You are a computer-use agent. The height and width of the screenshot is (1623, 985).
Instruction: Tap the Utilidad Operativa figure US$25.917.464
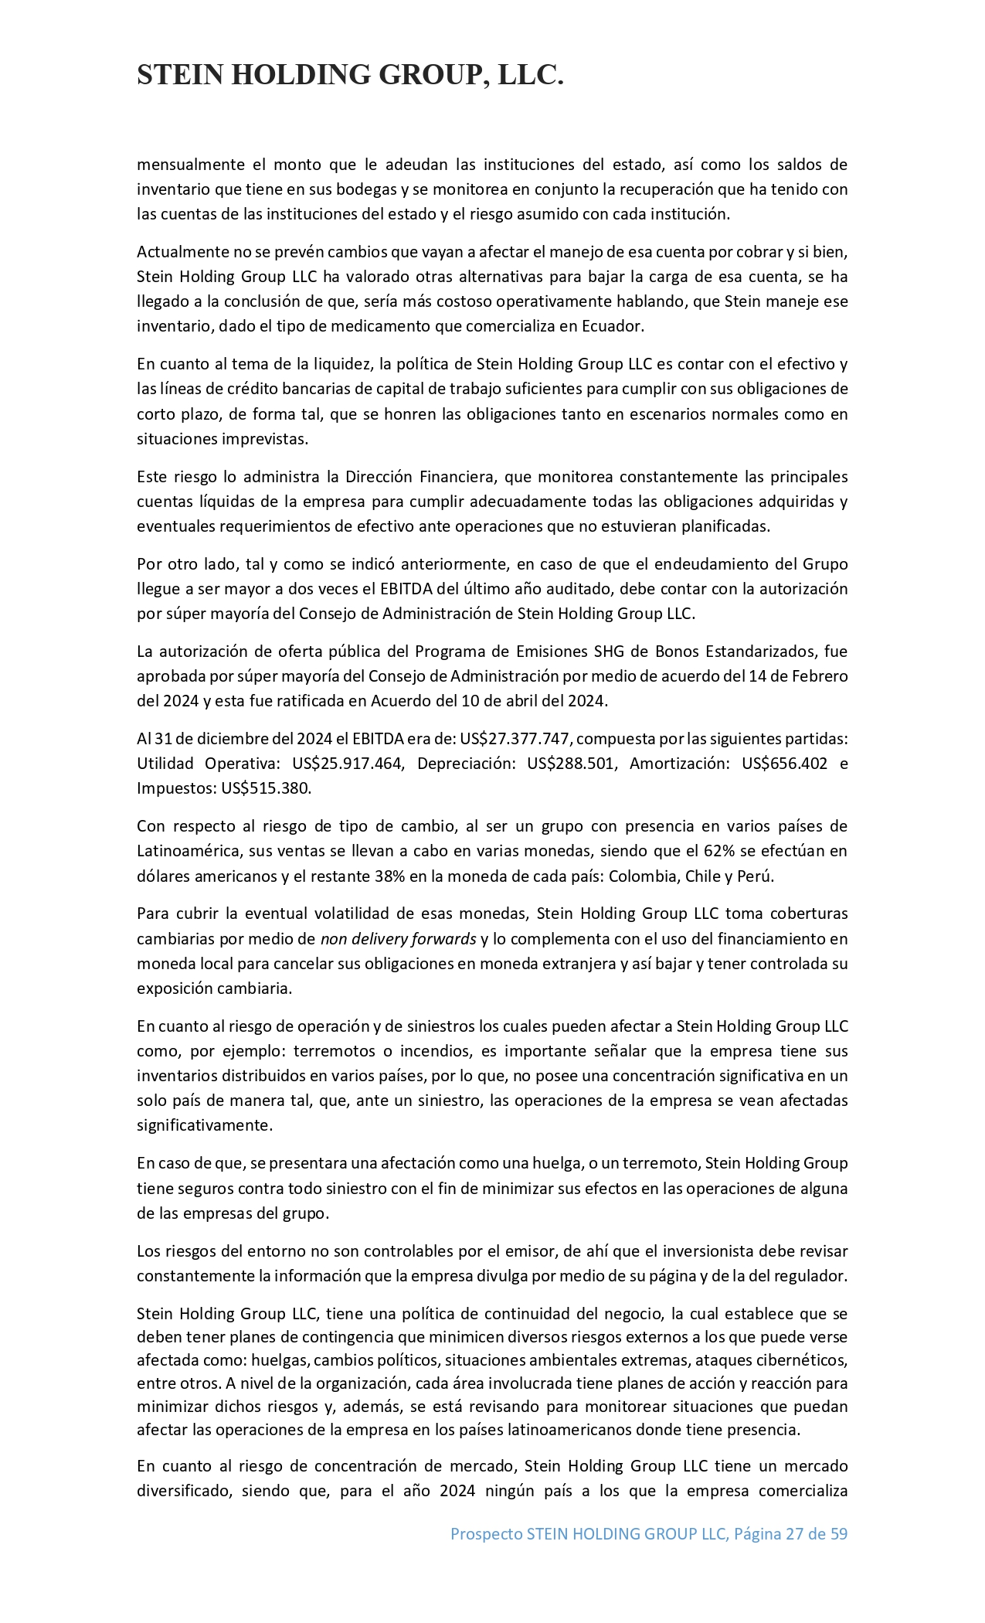(x=348, y=764)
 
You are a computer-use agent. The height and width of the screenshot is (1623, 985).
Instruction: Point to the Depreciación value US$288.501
(x=572, y=764)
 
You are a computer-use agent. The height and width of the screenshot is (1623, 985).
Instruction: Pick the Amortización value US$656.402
(x=784, y=764)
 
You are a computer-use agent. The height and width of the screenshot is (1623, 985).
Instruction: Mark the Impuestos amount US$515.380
(x=265, y=788)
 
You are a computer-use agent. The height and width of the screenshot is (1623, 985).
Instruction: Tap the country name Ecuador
(x=613, y=326)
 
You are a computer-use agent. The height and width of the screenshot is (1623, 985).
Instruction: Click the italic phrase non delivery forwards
(x=398, y=939)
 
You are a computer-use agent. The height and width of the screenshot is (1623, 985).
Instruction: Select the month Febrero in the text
(x=820, y=675)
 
